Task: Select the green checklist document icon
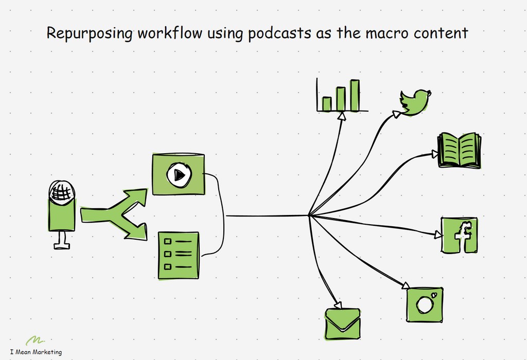point(178,255)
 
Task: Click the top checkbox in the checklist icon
point(167,241)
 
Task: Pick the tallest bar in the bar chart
point(355,95)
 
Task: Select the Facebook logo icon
point(460,235)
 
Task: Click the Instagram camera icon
point(425,304)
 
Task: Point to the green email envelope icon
point(342,323)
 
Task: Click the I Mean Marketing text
point(36,352)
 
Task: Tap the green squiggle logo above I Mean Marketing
point(35,340)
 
